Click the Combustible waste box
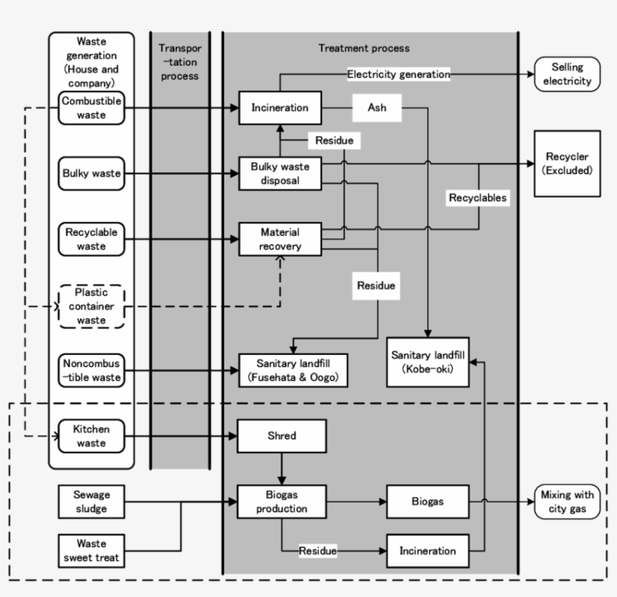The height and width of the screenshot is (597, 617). [x=91, y=108]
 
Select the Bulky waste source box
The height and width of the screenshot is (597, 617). [x=91, y=174]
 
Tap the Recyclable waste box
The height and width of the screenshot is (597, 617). [x=91, y=239]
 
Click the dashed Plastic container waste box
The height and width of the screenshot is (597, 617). [x=91, y=306]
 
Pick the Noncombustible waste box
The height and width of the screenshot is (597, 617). [x=91, y=371]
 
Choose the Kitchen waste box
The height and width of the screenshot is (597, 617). [x=91, y=436]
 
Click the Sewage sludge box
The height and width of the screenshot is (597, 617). [x=91, y=502]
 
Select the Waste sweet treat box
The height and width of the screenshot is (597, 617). [x=91, y=550]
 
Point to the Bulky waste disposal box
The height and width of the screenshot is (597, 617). [x=280, y=173]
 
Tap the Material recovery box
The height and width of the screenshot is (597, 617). [x=280, y=239]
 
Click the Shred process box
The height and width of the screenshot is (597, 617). [x=281, y=436]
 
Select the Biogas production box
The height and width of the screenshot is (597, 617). [x=281, y=502]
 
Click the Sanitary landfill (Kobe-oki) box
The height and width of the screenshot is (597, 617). [x=427, y=362]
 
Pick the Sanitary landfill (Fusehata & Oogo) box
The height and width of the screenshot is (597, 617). [x=293, y=370]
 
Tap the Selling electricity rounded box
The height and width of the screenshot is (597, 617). [x=567, y=74]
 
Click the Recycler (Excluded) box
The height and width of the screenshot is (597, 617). [x=567, y=163]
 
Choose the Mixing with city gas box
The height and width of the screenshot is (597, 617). [x=567, y=502]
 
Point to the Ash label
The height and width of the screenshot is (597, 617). [x=377, y=108]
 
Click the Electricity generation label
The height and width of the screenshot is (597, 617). [x=398, y=74]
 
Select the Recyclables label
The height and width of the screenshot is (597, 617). [x=478, y=198]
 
